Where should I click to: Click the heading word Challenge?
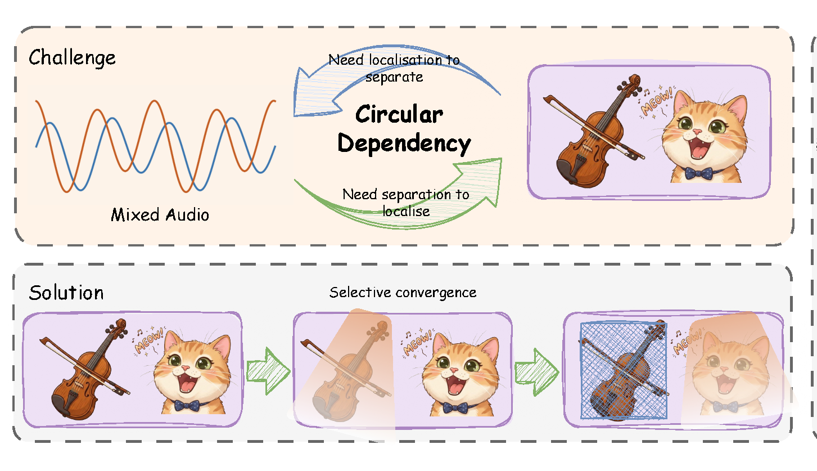click(72, 58)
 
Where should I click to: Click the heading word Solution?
click(66, 293)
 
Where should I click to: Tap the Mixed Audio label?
click(160, 215)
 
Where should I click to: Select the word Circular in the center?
click(399, 114)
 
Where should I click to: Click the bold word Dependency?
click(404, 143)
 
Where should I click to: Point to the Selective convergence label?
click(403, 293)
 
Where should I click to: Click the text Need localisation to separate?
click(394, 68)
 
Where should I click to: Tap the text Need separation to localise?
click(406, 203)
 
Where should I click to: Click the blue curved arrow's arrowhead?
click(315, 95)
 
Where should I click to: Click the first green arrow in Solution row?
click(268, 371)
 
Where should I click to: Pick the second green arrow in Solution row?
click(536, 372)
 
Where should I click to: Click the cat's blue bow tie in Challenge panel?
click(698, 173)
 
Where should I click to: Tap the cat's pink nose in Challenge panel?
click(697, 131)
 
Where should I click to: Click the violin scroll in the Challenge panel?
click(634, 81)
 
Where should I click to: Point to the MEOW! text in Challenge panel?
click(657, 101)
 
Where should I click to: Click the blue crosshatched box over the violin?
click(624, 370)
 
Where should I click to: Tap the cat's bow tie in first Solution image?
click(187, 406)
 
